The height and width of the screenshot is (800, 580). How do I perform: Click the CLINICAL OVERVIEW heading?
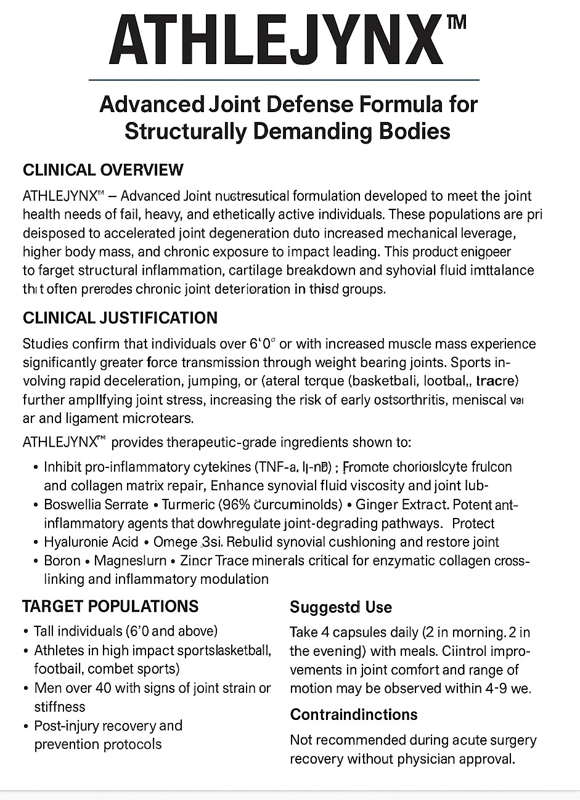point(103,170)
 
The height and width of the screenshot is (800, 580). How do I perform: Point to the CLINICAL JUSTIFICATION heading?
point(120,318)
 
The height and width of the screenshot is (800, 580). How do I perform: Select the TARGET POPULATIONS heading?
point(110,606)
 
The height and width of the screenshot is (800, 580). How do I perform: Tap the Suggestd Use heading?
point(340,607)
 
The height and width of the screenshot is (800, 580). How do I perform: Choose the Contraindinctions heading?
point(354,714)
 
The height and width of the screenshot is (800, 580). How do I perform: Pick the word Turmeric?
point(187,504)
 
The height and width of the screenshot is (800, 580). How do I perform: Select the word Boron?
point(62,561)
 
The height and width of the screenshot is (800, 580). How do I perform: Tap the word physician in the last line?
point(419,759)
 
